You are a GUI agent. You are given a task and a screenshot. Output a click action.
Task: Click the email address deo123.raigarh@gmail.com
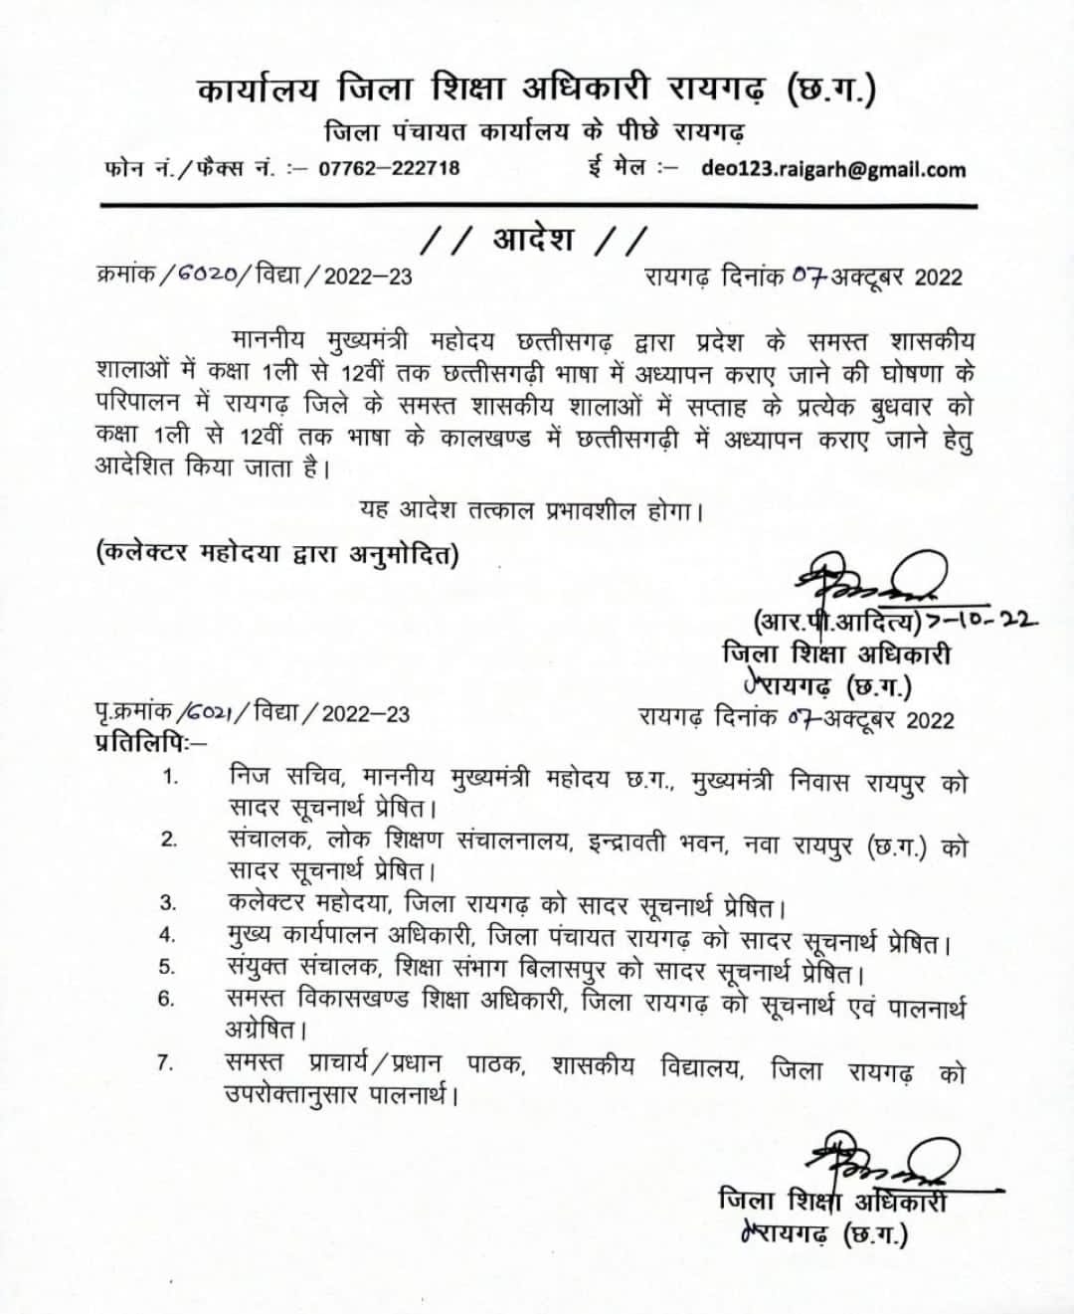pyautogui.click(x=833, y=169)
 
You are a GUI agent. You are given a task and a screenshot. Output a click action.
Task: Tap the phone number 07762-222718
pyautogui.click(x=389, y=168)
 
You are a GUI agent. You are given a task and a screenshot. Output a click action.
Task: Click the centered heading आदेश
pyautogui.click(x=534, y=240)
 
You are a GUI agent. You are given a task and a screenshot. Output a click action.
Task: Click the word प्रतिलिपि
pyautogui.click(x=147, y=741)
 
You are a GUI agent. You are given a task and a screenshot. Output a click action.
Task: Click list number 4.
pyautogui.click(x=168, y=935)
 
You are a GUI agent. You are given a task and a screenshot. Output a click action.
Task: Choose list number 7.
pyautogui.click(x=165, y=1063)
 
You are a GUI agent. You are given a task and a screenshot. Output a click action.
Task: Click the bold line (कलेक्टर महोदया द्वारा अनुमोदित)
pyautogui.click(x=277, y=553)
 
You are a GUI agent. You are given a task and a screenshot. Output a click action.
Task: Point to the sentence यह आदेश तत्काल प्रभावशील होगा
pyautogui.click(x=532, y=511)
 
